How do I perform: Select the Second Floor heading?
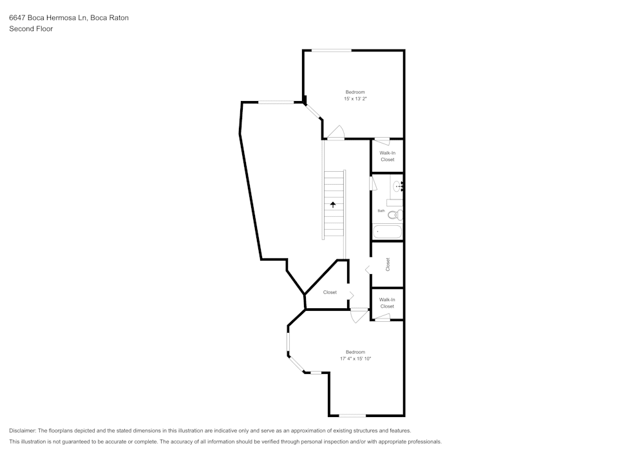(31, 29)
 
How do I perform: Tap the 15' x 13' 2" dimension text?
(355, 99)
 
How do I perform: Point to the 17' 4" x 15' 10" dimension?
(355, 358)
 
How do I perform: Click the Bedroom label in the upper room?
(355, 92)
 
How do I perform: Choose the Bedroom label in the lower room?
(355, 351)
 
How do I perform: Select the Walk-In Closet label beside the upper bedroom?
(387, 156)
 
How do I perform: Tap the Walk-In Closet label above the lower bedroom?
(387, 303)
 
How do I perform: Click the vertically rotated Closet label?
(388, 265)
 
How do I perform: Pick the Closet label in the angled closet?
(330, 292)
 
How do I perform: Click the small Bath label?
(381, 211)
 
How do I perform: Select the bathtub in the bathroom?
(387, 232)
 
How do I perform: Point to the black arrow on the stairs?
(333, 205)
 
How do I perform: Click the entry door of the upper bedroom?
(336, 134)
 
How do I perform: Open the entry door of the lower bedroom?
(359, 315)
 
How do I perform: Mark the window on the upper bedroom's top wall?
(332, 50)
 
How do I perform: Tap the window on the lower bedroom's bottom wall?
(352, 415)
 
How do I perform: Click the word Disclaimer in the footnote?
(23, 431)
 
